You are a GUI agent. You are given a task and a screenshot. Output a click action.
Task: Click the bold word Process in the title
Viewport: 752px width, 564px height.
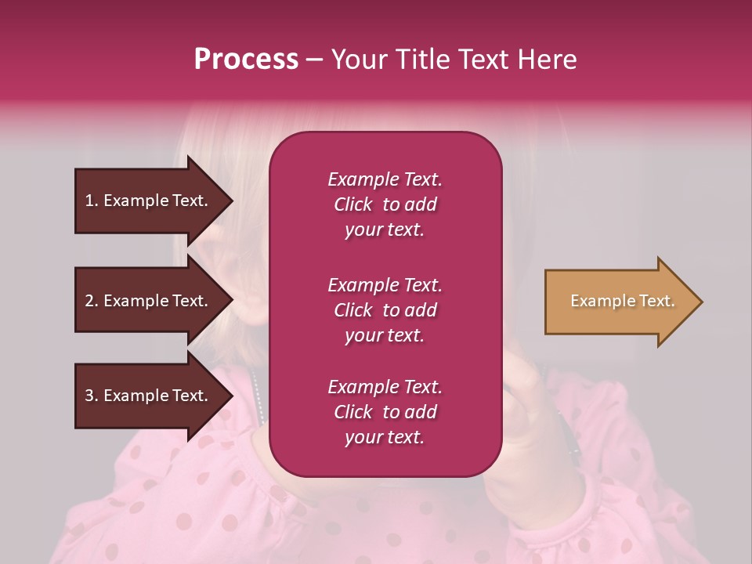(x=246, y=60)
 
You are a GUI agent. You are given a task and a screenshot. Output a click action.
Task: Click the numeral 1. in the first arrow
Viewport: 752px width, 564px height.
(x=92, y=201)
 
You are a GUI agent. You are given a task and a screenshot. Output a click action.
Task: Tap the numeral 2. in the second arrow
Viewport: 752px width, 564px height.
(x=92, y=301)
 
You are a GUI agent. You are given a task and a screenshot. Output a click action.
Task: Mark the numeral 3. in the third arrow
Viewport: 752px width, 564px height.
(x=92, y=396)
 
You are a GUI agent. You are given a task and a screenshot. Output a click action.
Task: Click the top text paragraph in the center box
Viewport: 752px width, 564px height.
(x=385, y=204)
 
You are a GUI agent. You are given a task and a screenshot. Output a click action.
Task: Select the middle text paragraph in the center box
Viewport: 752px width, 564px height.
(x=385, y=310)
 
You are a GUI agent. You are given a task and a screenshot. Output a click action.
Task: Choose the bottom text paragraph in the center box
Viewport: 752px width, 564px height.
(x=385, y=412)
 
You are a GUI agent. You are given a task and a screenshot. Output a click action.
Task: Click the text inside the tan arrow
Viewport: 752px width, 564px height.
(x=622, y=301)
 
